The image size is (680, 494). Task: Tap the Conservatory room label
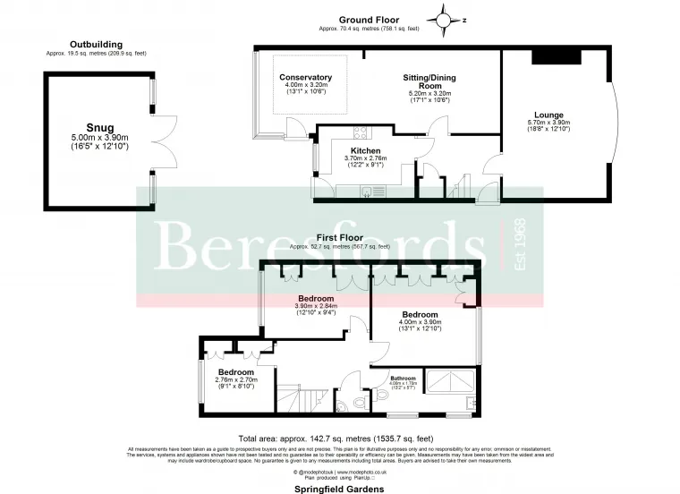305,78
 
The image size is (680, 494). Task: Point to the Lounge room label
548,115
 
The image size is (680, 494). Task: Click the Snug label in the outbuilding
99,127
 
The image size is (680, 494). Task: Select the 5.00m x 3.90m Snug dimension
99,138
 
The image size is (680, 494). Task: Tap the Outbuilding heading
96,44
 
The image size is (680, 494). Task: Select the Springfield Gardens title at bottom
339,489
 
